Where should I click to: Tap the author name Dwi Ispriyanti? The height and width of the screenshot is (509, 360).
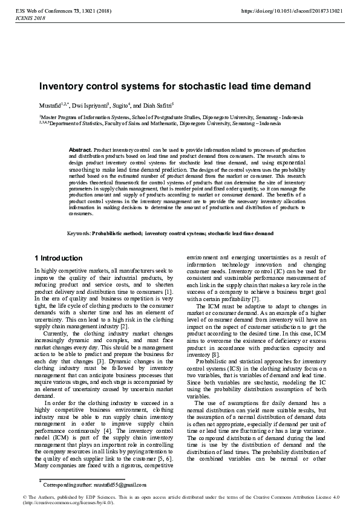pyautogui.click(x=89, y=105)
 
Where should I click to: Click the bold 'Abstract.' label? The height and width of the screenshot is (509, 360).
pyautogui.click(x=80, y=149)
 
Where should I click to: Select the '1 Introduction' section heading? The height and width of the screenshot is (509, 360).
pyautogui.click(x=59, y=258)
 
